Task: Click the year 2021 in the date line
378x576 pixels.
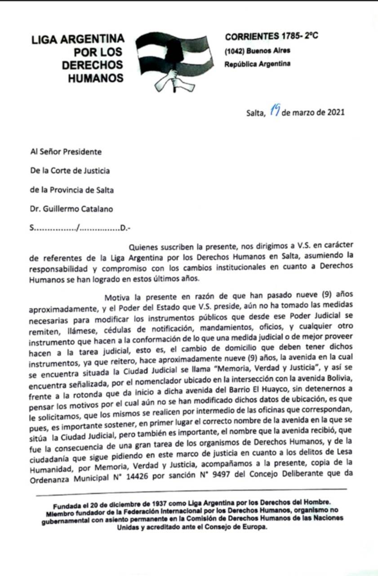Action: (334, 112)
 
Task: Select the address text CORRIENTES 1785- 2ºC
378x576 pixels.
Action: (271, 36)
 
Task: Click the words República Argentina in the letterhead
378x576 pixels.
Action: (257, 64)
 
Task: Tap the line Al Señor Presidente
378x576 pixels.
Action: (66, 152)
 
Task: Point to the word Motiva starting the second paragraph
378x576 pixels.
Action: (117, 297)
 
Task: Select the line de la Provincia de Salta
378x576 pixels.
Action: (71, 189)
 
